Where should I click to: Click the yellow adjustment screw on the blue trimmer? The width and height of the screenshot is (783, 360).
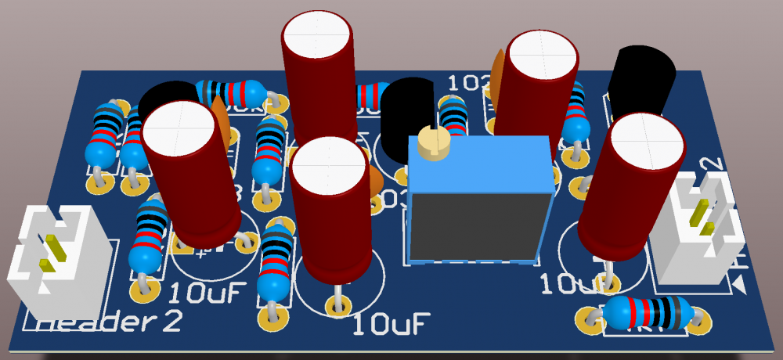point(433,142)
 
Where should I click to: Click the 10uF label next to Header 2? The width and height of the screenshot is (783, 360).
point(208,293)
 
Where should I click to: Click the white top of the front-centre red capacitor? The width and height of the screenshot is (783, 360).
point(328,164)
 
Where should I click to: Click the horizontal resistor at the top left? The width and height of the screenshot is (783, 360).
point(231,92)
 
